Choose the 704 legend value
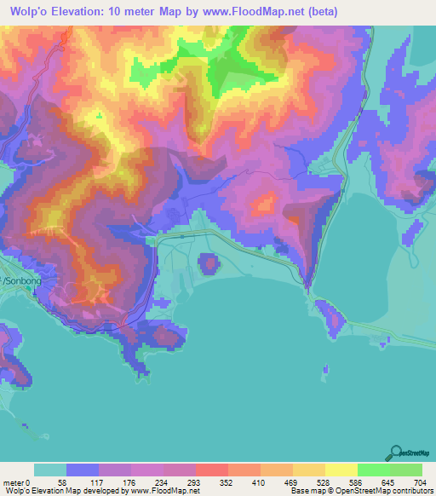(x=417, y=482)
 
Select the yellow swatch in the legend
(x=341, y=470)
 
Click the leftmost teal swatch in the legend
(x=50, y=470)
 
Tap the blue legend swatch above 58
(x=83, y=470)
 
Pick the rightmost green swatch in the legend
(x=405, y=470)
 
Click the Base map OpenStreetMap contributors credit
(x=362, y=491)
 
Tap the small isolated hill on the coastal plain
(x=208, y=263)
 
